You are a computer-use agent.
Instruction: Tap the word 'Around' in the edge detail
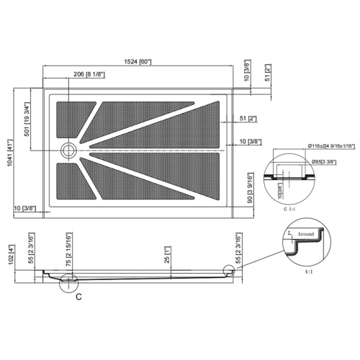click(307, 234)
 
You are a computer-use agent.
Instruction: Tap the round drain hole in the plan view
click(68, 150)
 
